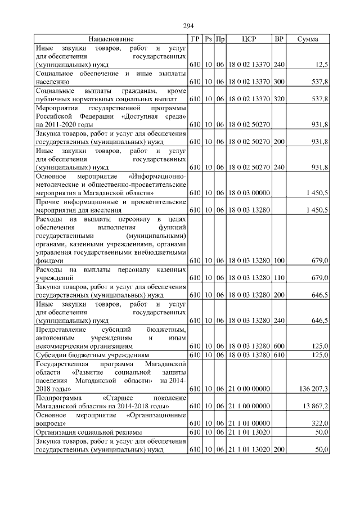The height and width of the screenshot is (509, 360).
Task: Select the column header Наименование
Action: pyautogui.click(x=111, y=39)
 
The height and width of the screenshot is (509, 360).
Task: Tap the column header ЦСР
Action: pyautogui.click(x=249, y=39)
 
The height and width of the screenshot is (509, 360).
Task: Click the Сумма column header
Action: pyautogui.click(x=308, y=39)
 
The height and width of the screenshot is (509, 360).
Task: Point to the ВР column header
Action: pyautogui.click(x=278, y=39)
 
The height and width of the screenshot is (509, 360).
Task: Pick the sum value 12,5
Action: pyautogui.click(x=320, y=65)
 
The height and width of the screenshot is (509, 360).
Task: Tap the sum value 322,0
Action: pyautogui.click(x=319, y=423)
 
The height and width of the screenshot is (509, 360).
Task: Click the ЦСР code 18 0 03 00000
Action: pyautogui.click(x=249, y=193)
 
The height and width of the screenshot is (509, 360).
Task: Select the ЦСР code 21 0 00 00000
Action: pyautogui.click(x=249, y=389)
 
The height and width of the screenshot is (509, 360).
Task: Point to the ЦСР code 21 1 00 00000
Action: pyautogui.click(x=249, y=406)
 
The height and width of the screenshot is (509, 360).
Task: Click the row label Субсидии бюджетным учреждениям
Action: pyautogui.click(x=92, y=355)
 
